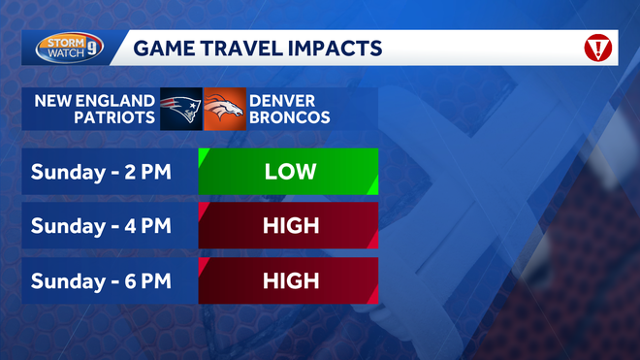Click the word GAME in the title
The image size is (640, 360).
[x=161, y=48]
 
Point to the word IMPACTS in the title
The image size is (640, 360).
[x=333, y=48]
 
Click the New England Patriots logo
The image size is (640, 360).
[x=180, y=109]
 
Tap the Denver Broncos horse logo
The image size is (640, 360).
[x=224, y=109]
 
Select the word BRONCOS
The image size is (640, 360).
[x=289, y=117]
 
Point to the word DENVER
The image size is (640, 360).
[x=282, y=100]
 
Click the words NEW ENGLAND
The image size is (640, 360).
[x=95, y=100]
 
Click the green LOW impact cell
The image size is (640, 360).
[x=289, y=172]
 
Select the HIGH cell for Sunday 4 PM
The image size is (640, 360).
[x=289, y=226]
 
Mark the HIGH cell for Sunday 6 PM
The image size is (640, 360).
[x=289, y=280]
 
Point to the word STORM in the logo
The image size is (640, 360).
[x=63, y=41]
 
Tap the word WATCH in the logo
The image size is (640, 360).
[x=63, y=53]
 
